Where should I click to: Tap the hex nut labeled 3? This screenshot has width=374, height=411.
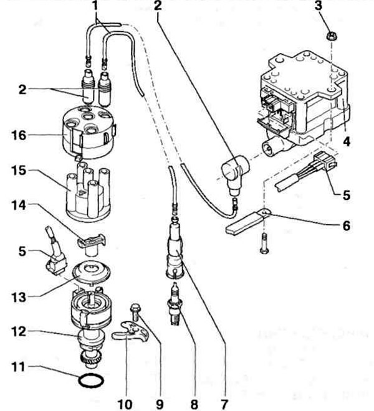332,35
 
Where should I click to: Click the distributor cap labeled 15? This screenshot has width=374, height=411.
88,191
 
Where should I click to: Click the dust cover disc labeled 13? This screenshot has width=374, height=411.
91,273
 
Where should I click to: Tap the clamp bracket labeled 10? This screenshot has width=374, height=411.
130,331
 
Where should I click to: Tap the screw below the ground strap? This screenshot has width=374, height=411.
264,243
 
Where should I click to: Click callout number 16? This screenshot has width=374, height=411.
19,136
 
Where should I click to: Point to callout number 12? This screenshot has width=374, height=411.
19,332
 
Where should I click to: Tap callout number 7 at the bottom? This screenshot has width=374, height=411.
224,404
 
